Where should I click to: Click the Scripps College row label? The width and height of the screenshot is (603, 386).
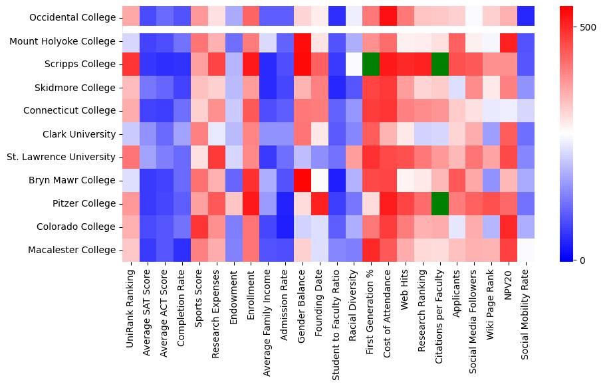(x=80, y=64)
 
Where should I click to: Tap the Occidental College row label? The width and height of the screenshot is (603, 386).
(x=72, y=18)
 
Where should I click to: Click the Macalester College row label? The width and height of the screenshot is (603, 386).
(x=75, y=250)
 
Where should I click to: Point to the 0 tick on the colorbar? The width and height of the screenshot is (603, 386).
(x=584, y=260)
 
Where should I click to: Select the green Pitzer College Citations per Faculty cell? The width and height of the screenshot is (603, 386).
(x=441, y=204)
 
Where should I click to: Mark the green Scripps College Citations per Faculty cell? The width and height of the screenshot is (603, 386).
(x=441, y=64)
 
